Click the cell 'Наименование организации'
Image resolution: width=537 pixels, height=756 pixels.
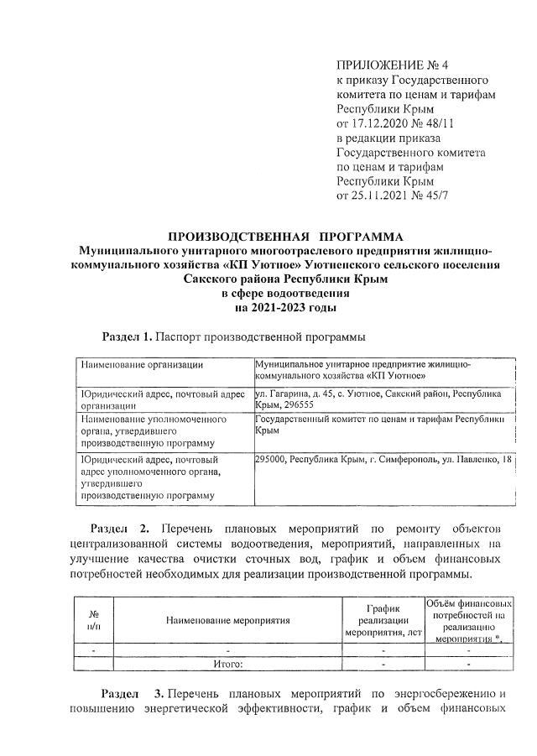click(x=142, y=365)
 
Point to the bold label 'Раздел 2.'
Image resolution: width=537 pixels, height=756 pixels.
click(x=118, y=530)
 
